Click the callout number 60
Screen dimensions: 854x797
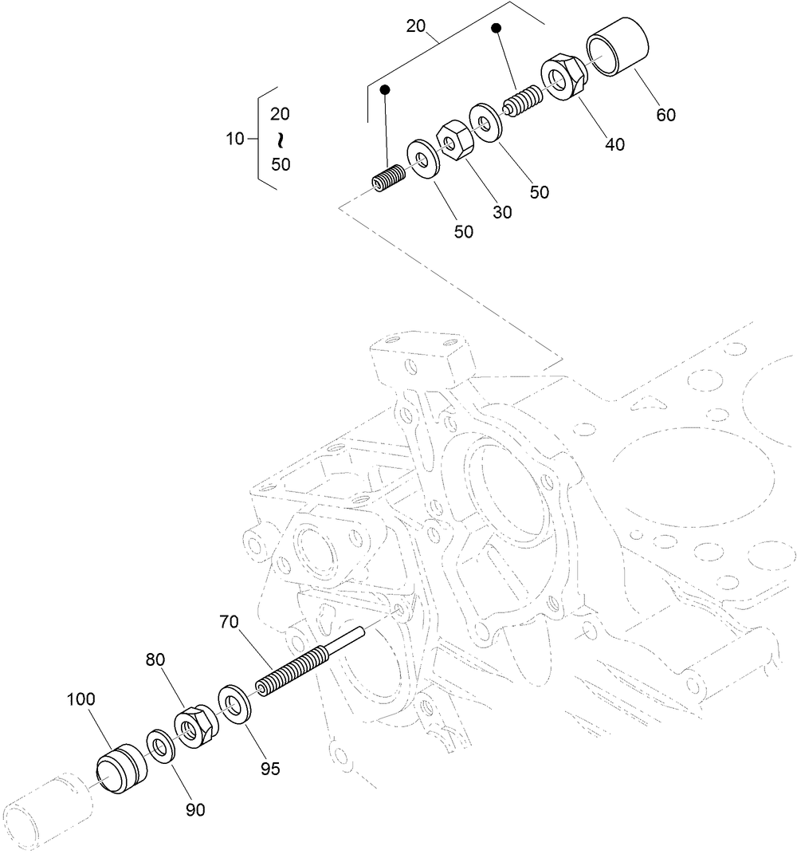[x=665, y=115]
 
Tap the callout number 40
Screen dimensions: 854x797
[x=614, y=144]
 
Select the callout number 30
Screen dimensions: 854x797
[x=502, y=212]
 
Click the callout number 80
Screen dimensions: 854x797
[x=156, y=660]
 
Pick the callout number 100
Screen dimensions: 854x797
[x=80, y=699]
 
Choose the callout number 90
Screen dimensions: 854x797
[x=195, y=809]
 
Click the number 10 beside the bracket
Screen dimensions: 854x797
[x=236, y=139]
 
